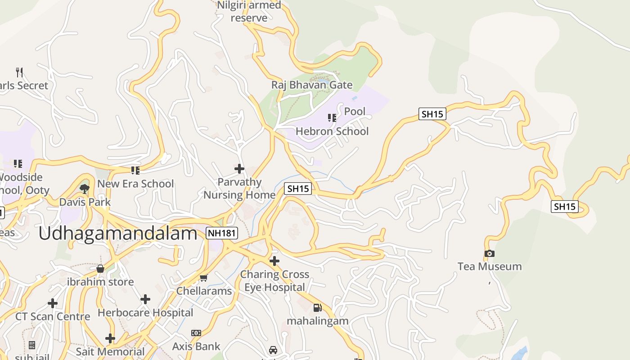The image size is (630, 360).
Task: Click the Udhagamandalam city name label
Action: coord(118,234)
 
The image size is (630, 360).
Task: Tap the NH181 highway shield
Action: coord(222,233)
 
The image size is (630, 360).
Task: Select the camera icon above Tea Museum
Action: coord(490,253)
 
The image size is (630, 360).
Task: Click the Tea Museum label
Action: coord(490,266)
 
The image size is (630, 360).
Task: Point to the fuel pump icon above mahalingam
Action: coord(318,308)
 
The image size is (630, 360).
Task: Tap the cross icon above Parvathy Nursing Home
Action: coord(239,169)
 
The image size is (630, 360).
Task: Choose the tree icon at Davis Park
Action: coord(85,189)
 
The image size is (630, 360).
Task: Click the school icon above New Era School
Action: coord(135,170)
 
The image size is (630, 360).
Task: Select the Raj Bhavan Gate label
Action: coord(312,85)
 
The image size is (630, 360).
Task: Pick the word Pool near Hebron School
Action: coord(355,111)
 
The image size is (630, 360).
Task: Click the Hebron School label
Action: coord(332,131)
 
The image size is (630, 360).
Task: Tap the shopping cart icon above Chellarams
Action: coord(203,278)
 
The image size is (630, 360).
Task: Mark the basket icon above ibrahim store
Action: coord(100,269)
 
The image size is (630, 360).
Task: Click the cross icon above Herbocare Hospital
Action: coord(145,299)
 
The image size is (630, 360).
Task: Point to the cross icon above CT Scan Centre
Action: coord(53,303)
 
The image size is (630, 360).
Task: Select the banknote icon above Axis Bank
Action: coord(196,333)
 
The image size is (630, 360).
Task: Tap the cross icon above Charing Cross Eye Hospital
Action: coord(274,261)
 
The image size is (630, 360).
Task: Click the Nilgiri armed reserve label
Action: coord(249,12)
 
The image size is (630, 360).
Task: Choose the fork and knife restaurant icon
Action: coord(19,72)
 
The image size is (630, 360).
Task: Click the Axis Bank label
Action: coord(196,346)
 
